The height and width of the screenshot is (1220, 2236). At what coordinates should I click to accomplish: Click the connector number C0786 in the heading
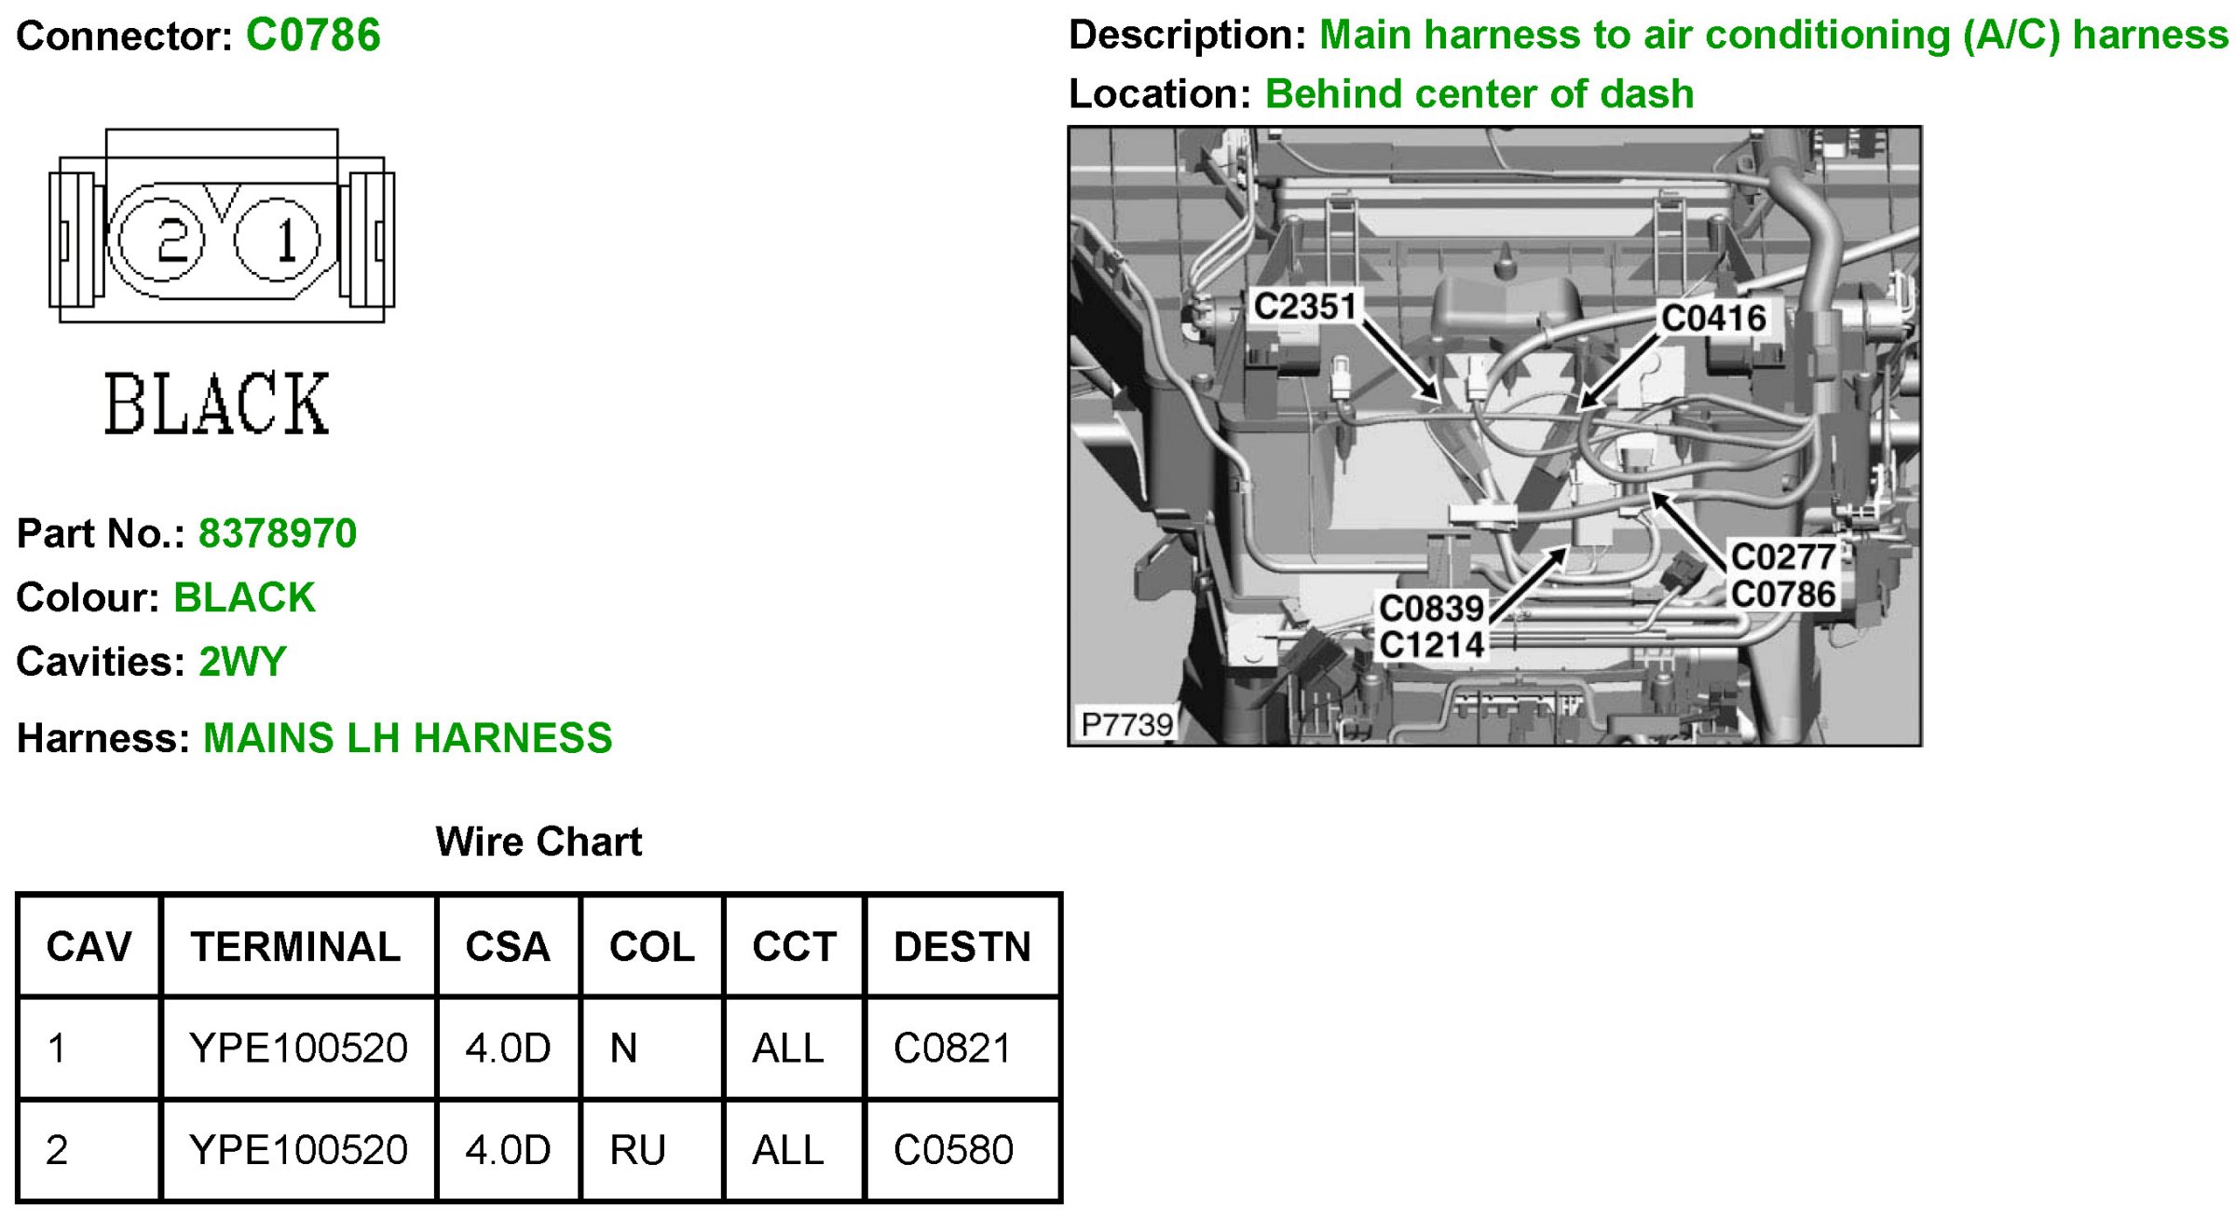tap(313, 35)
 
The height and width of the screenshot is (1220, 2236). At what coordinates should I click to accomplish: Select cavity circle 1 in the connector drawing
tap(278, 240)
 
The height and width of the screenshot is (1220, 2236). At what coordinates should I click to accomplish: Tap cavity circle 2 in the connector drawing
tap(161, 240)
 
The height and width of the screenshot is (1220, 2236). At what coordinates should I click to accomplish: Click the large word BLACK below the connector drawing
tap(216, 404)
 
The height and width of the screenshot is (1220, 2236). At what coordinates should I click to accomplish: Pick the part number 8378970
tap(278, 534)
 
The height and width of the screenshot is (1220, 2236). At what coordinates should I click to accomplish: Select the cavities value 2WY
tap(242, 662)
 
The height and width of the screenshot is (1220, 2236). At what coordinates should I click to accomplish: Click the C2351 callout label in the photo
tap(1304, 306)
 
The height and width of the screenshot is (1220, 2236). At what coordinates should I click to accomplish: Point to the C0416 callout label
tap(1713, 318)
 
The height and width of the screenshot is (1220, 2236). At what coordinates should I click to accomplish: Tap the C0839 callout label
tap(1431, 609)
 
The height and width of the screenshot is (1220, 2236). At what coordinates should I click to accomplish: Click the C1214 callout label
tap(1431, 644)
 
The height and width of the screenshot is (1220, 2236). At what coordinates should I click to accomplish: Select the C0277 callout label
tap(1782, 557)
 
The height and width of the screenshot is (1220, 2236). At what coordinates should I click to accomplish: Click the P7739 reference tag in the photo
tap(1125, 724)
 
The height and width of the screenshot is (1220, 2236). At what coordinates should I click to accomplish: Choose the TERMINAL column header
tap(296, 947)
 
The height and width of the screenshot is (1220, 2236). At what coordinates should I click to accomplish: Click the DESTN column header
tap(962, 947)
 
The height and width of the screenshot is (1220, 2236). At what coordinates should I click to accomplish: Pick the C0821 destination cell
tap(952, 1049)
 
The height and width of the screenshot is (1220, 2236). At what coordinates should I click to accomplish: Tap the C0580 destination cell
tap(953, 1150)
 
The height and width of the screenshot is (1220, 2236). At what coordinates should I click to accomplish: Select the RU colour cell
tap(637, 1150)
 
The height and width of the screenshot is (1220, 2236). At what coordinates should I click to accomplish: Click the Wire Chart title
tap(539, 842)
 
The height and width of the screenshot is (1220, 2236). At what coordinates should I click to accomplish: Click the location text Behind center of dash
tap(1479, 94)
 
